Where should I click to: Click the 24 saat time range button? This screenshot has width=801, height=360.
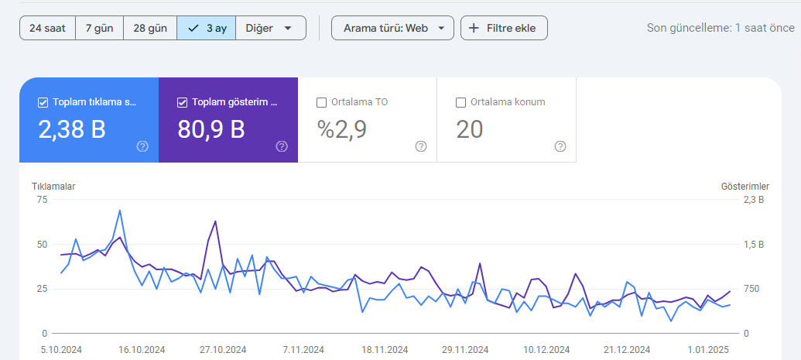pyautogui.click(x=47, y=28)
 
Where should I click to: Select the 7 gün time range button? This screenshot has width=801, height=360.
pyautogui.click(x=100, y=28)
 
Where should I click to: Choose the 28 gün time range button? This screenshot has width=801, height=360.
pyautogui.click(x=150, y=28)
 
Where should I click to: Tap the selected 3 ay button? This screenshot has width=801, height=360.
pyautogui.click(x=207, y=28)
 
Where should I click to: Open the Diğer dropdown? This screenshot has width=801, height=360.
pyautogui.click(x=271, y=28)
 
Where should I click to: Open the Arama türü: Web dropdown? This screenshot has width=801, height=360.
pyautogui.click(x=392, y=28)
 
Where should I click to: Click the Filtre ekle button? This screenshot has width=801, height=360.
pyautogui.click(x=504, y=28)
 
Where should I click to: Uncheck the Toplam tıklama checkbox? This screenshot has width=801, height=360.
pyautogui.click(x=43, y=103)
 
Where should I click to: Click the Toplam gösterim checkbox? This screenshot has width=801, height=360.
pyautogui.click(x=183, y=103)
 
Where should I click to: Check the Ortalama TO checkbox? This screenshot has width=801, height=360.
pyautogui.click(x=321, y=103)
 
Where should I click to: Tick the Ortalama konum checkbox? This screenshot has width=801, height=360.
pyautogui.click(x=460, y=103)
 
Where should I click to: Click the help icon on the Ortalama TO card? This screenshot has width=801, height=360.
pyautogui.click(x=421, y=147)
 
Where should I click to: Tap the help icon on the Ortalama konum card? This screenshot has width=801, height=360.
pyautogui.click(x=560, y=147)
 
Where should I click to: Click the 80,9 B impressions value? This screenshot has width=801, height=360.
pyautogui.click(x=211, y=130)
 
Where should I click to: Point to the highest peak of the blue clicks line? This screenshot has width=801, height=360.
pyautogui.click(x=119, y=210)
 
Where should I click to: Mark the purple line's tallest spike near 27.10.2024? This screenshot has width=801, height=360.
pyautogui.click(x=216, y=221)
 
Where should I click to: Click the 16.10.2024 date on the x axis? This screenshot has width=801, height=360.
pyautogui.click(x=142, y=350)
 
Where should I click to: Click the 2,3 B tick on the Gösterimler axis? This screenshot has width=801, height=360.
pyautogui.click(x=754, y=200)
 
